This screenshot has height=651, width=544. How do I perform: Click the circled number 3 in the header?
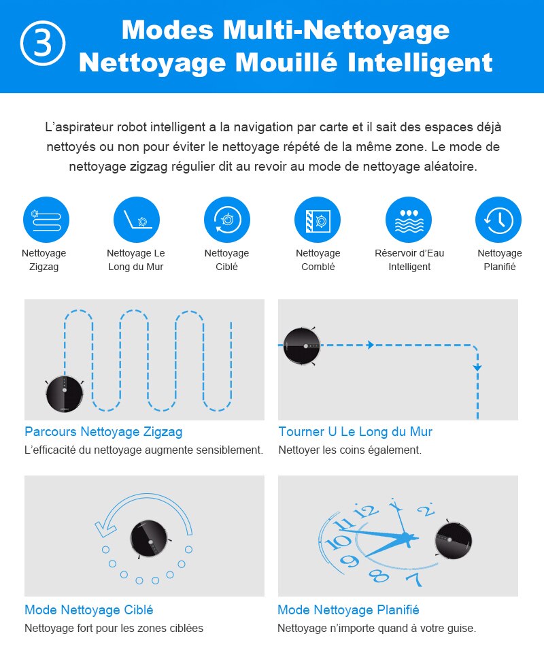click(43, 44)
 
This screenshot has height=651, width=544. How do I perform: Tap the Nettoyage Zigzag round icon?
click(46, 220)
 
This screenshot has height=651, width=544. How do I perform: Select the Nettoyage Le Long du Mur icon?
click(137, 220)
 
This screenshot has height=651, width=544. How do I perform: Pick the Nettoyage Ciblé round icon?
click(227, 220)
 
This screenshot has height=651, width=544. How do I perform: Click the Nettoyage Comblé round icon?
click(318, 220)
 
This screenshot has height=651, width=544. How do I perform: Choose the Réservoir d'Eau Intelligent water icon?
click(409, 220)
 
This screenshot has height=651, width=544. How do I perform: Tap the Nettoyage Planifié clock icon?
click(498, 220)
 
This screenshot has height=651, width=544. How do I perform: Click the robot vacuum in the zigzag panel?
click(65, 393)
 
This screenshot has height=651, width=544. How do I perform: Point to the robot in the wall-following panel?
click(301, 346)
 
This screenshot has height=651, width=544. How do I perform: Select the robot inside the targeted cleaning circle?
click(150, 538)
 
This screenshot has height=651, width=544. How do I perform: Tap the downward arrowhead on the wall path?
click(477, 367)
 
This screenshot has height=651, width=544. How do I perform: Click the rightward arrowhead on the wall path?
click(371, 346)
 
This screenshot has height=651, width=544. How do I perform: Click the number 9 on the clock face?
click(350, 562)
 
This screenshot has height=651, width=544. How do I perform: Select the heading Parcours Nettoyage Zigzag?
click(103, 432)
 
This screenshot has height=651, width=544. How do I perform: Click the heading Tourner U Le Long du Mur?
click(355, 432)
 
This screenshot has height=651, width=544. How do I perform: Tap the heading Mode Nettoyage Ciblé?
click(89, 610)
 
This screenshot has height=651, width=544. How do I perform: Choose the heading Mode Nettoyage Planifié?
click(348, 610)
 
